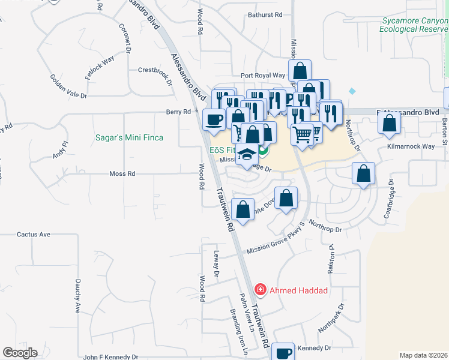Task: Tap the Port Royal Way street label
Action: pos(263,76)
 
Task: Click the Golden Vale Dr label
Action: pos(68,86)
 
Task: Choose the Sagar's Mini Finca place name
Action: pos(130,137)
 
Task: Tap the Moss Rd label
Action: pos(122,173)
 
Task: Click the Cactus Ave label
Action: pos(34,235)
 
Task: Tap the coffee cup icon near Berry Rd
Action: pos(214,119)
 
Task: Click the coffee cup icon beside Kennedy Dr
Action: pos(283,353)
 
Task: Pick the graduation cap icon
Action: pos(247,155)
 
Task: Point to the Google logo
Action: pos(20,353)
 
